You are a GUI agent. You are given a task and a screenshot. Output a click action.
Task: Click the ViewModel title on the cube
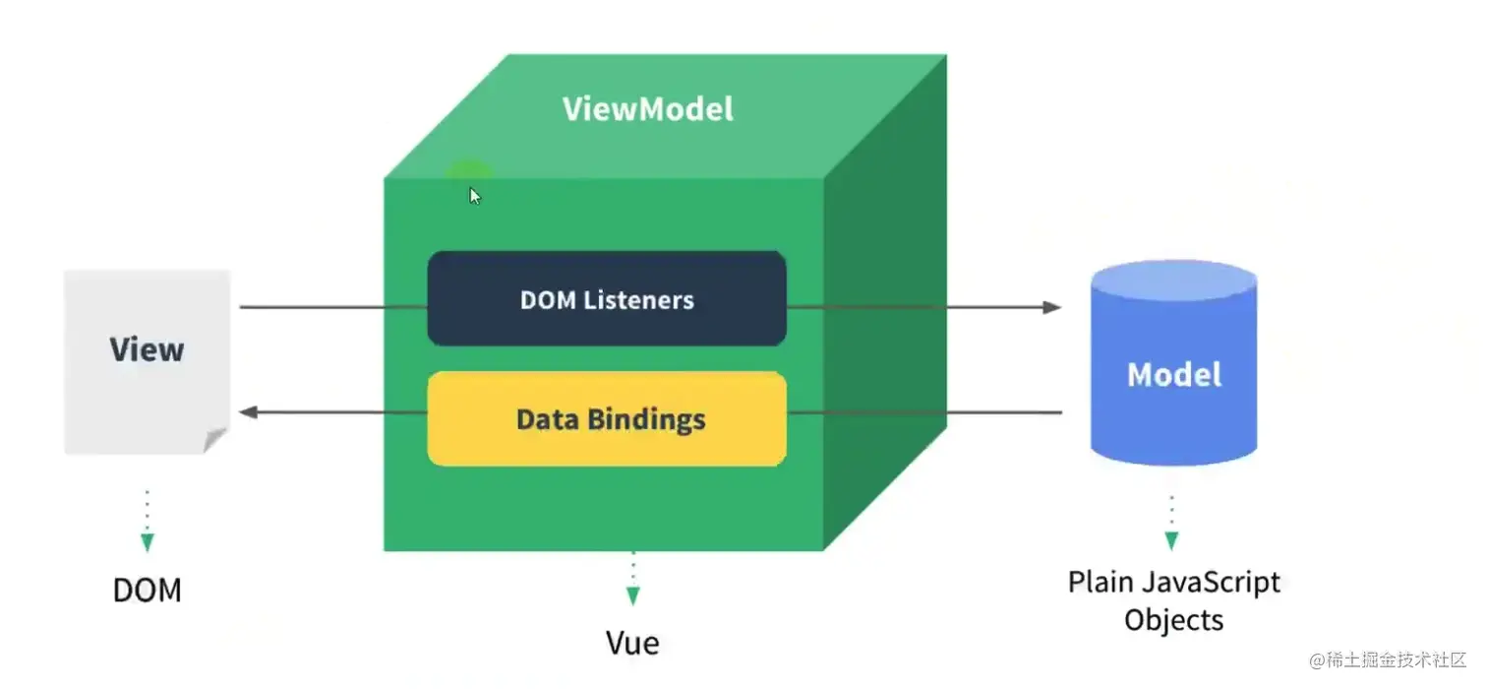[647, 108]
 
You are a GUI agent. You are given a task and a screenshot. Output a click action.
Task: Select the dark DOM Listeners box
[607, 298]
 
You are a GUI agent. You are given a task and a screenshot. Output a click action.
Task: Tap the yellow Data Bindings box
[607, 418]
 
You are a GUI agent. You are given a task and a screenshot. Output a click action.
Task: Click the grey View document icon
[147, 361]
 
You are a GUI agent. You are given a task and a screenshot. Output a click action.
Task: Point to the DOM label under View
[148, 590]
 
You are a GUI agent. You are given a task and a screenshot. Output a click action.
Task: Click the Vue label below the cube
[632, 643]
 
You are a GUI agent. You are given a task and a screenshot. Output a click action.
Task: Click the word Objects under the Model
[1174, 620]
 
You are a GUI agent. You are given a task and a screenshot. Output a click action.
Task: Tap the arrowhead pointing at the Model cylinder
[1052, 307]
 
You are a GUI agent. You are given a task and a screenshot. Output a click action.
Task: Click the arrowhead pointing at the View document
[249, 411]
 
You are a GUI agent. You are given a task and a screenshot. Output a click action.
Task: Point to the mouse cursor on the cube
[475, 195]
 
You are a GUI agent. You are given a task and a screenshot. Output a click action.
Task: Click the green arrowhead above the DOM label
[148, 542]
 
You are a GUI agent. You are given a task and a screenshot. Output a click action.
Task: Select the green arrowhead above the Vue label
[632, 596]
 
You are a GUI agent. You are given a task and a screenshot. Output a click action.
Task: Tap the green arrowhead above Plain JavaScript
[1171, 540]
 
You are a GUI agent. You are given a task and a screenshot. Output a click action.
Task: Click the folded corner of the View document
[215, 440]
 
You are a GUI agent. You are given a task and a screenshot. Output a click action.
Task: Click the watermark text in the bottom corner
[1388, 659]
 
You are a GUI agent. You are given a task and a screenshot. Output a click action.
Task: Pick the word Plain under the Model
[1100, 582]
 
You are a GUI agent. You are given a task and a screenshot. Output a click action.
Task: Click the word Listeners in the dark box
[639, 299]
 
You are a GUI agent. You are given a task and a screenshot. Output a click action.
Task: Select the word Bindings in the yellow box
[646, 419]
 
